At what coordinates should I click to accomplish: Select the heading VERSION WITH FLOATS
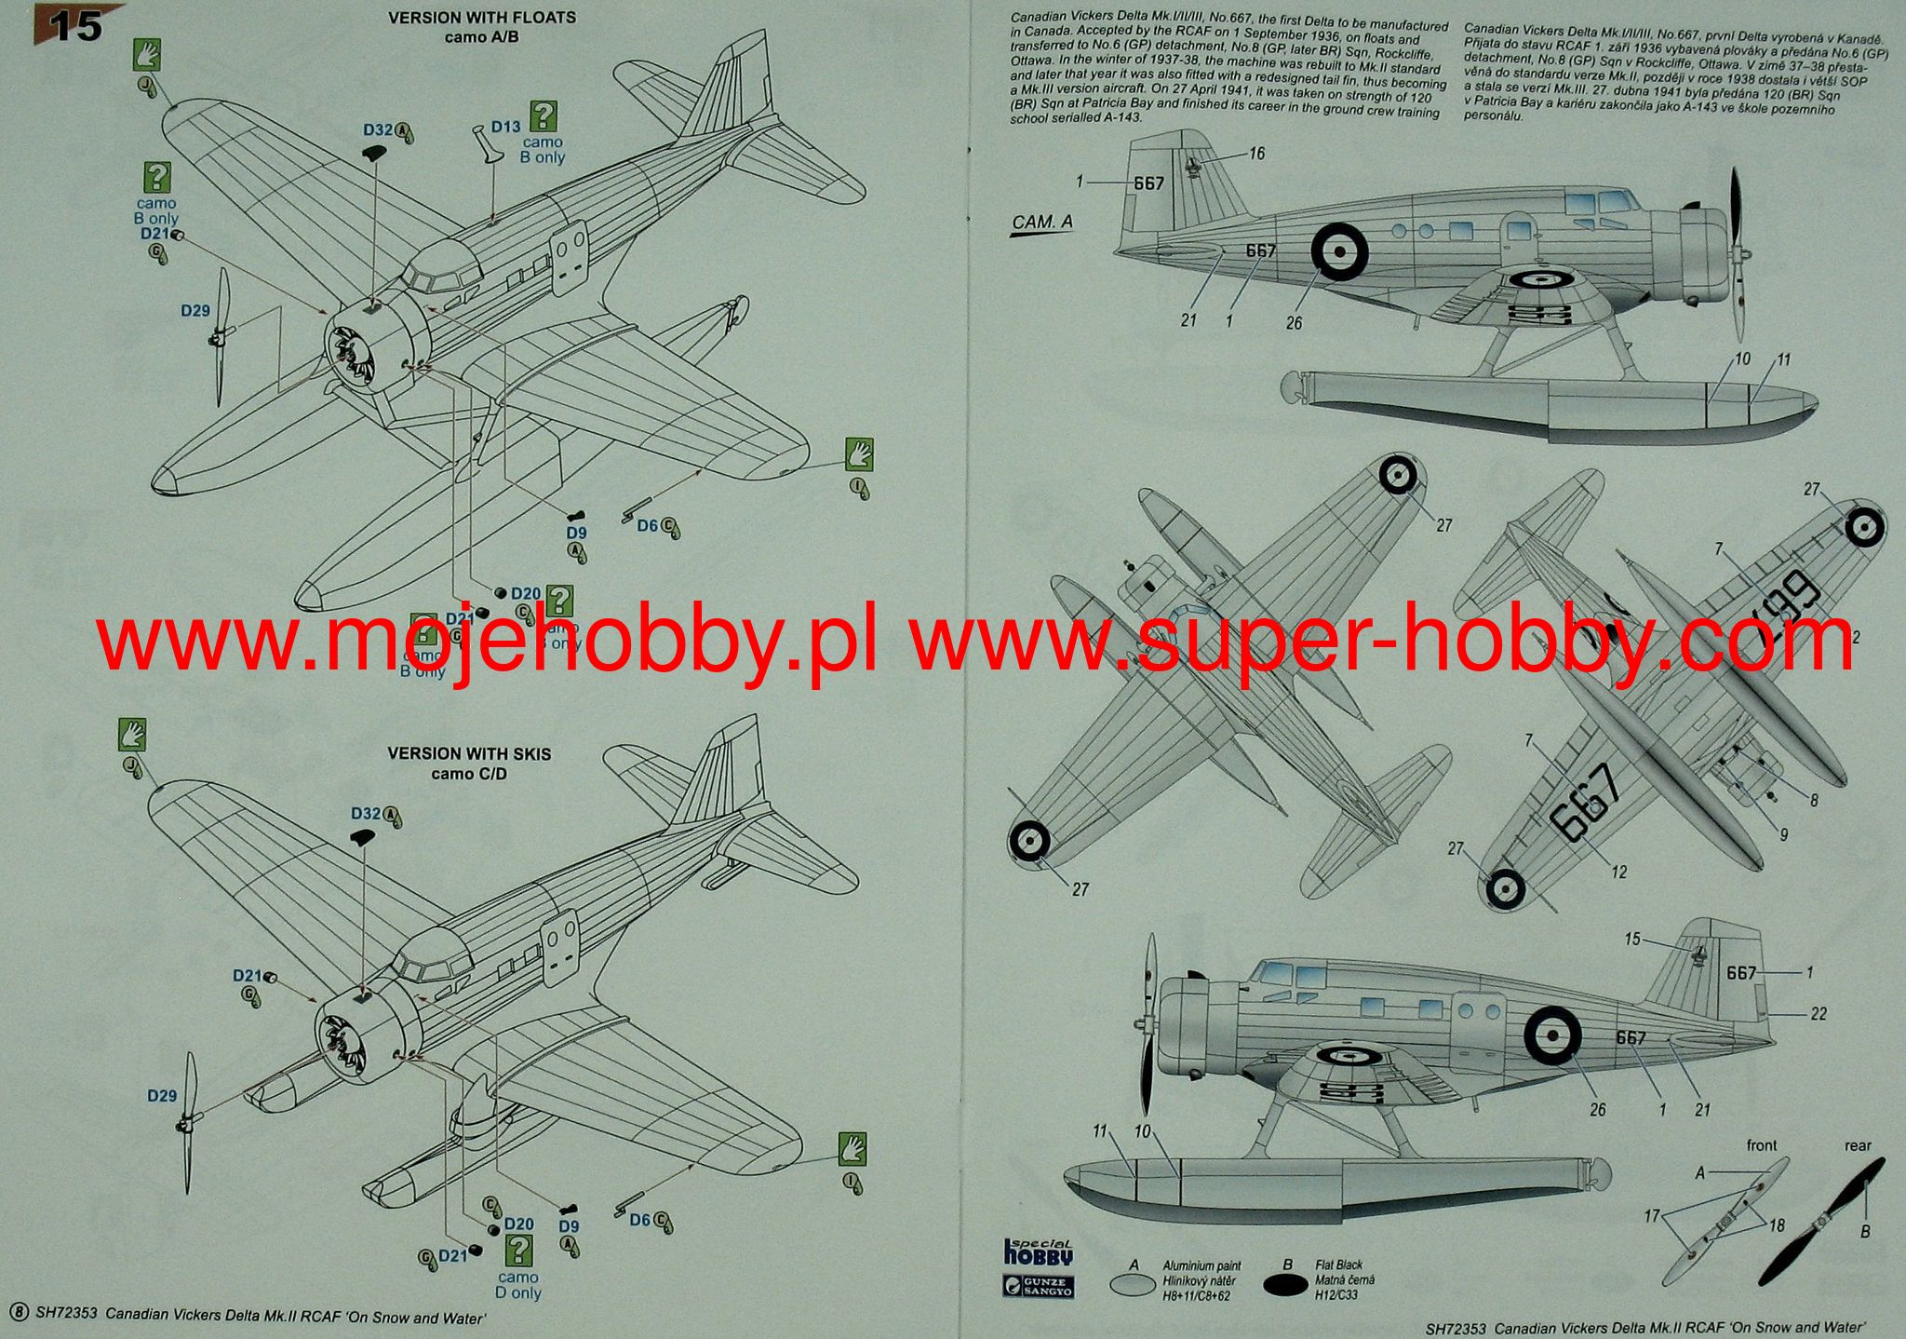coord(481,18)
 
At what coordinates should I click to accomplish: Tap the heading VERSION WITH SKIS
coord(469,753)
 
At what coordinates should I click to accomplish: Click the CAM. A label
coord(1041,223)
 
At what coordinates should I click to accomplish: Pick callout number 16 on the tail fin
coord(1256,154)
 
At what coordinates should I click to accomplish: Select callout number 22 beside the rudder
coord(1818,1014)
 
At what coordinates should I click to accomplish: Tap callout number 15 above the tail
coord(1632,940)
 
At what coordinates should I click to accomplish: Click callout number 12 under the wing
coord(1618,872)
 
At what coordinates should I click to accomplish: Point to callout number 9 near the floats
coord(1782,835)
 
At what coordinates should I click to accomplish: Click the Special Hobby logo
coord(1040,1252)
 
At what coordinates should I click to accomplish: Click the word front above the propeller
coord(1762,1145)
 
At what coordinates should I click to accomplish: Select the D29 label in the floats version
coord(195,311)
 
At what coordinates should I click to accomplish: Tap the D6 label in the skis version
coord(640,1220)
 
